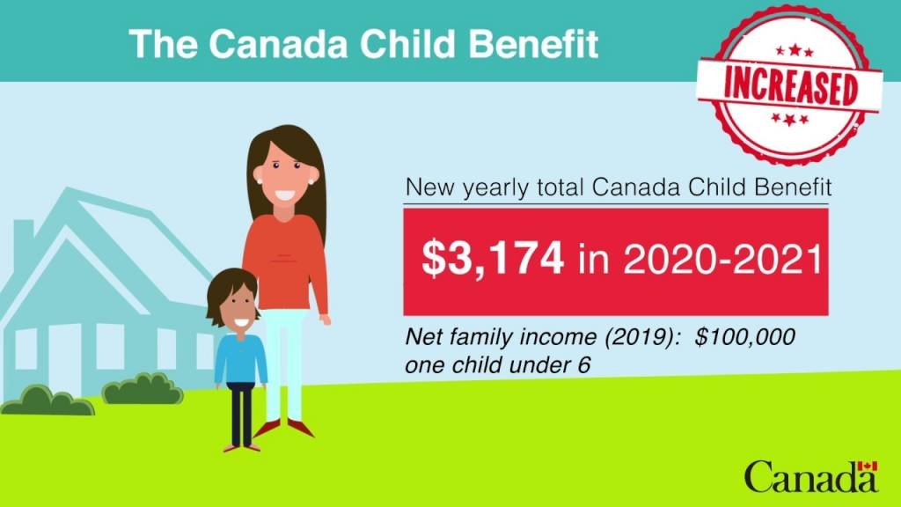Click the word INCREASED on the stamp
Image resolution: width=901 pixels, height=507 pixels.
791,86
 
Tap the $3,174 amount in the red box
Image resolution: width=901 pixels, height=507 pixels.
493,259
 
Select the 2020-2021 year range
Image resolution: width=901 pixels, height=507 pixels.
723,259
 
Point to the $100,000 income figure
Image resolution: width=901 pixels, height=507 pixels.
744,336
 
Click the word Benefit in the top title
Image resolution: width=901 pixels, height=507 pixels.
534,44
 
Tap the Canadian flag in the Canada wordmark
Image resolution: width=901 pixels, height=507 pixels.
868,467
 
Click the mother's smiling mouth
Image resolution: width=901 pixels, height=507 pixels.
284,195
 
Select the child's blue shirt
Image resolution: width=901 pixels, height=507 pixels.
241,359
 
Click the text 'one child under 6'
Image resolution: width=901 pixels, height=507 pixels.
498,365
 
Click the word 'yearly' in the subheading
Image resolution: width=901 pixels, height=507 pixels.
495,188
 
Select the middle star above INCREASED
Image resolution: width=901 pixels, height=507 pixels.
795,49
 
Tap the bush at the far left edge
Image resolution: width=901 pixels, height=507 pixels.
48,400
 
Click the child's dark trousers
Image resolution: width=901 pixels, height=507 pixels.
241,414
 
